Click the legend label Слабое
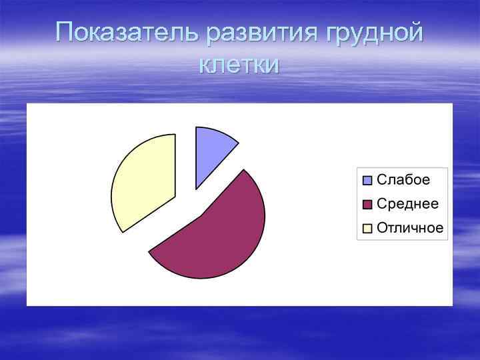(403, 179)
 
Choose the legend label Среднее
(407, 203)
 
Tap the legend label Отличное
(410, 228)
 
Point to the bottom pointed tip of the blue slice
(196, 189)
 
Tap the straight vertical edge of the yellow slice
(175, 167)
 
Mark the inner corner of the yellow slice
(175, 197)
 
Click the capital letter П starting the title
(66, 33)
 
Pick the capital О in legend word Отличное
(383, 228)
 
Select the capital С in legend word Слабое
(382, 179)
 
